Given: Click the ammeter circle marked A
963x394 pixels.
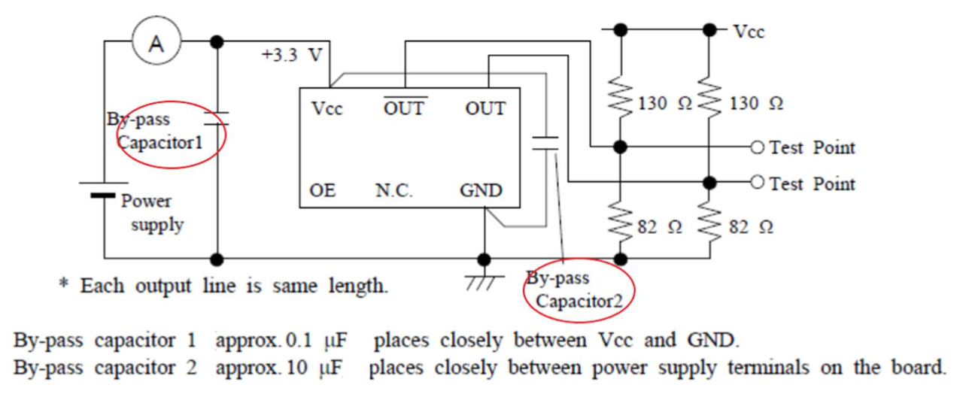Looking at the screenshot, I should pos(156,43).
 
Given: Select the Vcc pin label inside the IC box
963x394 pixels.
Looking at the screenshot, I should pos(327,109).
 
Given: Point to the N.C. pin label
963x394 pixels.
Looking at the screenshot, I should pos(393,191).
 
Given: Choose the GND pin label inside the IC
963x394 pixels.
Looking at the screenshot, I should pos(481,191).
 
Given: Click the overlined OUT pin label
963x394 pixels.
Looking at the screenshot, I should pos(404,108).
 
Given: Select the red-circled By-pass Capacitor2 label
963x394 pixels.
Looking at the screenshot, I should pos(578,290).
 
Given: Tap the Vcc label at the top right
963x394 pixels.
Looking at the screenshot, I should pos(748,32).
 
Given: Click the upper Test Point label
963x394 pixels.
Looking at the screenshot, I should pos(812,147).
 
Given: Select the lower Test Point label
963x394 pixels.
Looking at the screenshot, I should pos(812,183).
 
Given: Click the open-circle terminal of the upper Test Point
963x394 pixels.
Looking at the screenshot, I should pos(758,147).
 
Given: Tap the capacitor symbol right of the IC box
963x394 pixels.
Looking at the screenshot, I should pos(545,144).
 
